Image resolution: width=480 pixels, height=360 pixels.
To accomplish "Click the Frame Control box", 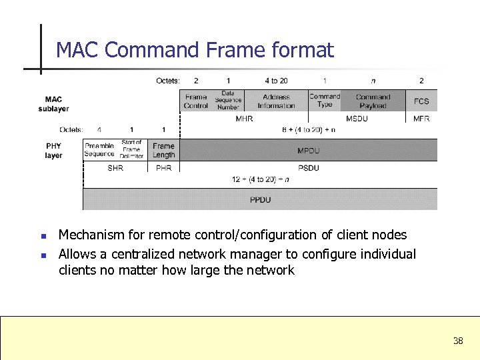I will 196,101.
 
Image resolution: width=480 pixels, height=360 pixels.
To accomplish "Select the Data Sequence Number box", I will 228,101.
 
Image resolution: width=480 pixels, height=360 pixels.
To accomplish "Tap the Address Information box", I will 276,101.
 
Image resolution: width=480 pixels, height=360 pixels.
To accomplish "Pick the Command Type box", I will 325,101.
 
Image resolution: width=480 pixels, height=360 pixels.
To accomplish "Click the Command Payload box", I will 373,101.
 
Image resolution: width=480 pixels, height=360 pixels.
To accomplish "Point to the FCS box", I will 421,101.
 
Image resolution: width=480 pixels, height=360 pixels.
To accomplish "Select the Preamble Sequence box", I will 99,150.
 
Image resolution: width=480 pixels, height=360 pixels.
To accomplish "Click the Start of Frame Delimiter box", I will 131,149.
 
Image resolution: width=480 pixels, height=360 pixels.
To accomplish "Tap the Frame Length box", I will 163,150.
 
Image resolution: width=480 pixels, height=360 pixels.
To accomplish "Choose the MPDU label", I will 308,151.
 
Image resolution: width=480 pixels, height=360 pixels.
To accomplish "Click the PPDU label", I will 260,200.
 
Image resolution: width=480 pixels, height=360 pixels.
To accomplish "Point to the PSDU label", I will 308,168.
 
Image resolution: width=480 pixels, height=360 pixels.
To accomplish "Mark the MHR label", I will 244,119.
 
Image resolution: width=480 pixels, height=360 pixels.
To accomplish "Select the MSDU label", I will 357,119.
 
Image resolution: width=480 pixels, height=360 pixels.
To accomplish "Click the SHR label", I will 115,168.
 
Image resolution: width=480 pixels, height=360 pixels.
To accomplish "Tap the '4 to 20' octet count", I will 276,81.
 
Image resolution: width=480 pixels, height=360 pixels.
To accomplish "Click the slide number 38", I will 458,341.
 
